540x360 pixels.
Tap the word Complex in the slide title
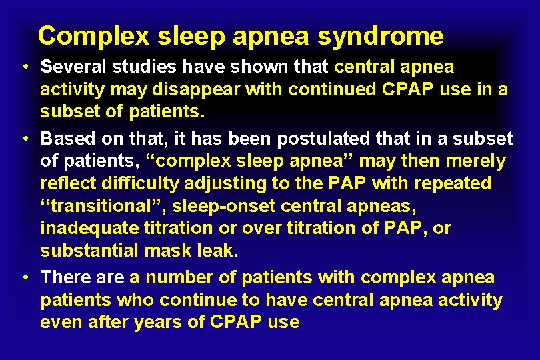coord(93,36)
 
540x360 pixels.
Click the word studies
coord(140,67)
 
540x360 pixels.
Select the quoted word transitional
coord(110,206)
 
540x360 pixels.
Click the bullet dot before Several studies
coord(23,67)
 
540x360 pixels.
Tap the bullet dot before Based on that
coord(23,139)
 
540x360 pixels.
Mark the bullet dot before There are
coord(23,277)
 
